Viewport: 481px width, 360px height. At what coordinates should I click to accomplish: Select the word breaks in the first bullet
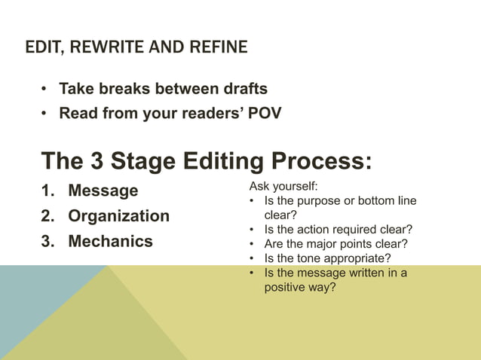click(122, 89)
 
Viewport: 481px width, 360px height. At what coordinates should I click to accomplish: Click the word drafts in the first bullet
click(240, 89)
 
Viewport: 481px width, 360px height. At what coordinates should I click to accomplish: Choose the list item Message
click(103, 191)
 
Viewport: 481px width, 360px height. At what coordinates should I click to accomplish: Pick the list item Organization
click(118, 216)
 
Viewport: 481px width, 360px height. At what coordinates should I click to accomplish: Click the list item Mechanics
click(110, 242)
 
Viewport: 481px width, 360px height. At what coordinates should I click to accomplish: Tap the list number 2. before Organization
click(48, 216)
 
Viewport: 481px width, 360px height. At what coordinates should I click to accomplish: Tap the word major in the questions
click(323, 243)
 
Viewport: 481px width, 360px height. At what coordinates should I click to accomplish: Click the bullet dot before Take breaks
click(45, 89)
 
